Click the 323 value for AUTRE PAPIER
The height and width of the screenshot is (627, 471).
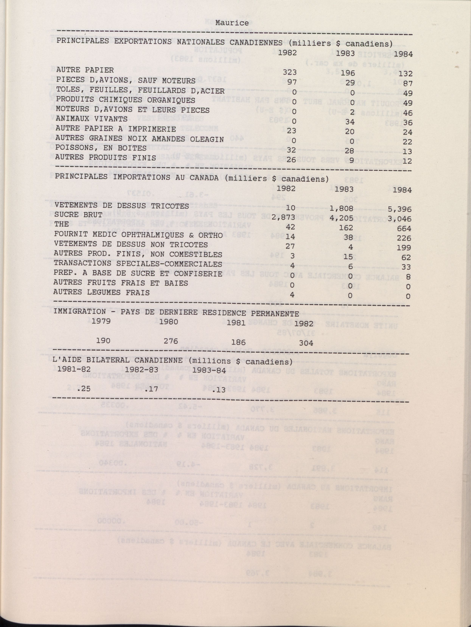tap(289, 72)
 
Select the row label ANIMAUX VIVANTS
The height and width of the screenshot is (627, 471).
tap(92, 119)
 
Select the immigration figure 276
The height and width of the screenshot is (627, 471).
tap(171, 341)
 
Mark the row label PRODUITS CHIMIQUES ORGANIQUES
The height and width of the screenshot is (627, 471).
tap(126, 100)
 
